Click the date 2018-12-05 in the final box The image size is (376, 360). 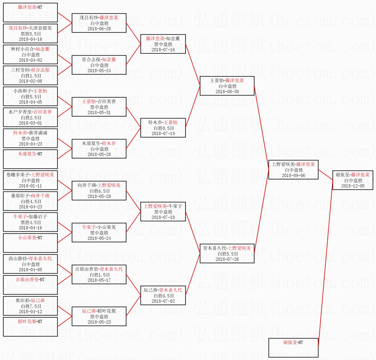pyautogui.click(x=353, y=186)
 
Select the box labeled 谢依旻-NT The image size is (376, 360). pyautogui.click(x=293, y=348)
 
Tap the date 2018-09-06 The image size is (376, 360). pyautogui.click(x=294, y=175)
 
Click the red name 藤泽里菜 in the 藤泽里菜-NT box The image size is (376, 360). pyautogui.click(x=27, y=7)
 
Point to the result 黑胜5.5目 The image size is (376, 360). pyautogui.click(x=31, y=34)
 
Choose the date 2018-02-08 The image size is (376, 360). pyautogui.click(x=31, y=81)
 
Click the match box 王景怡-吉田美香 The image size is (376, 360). pyautogui.click(x=99, y=107)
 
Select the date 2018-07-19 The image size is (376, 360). pyautogui.click(x=163, y=134)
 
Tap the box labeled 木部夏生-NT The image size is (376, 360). pyautogui.click(x=30, y=159)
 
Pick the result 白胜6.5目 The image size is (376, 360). pyautogui.click(x=100, y=191)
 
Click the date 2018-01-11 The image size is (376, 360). pyautogui.click(x=31, y=186)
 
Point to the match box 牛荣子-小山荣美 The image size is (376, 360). pyautogui.click(x=99, y=233)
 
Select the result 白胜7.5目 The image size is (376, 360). pyautogui.click(x=31, y=306)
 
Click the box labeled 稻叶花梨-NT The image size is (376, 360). pyautogui.click(x=30, y=327)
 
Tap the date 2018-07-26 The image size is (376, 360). pyautogui.click(x=227, y=259)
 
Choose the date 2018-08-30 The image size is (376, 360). pyautogui.click(x=227, y=92)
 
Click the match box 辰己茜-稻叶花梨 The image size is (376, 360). pyautogui.click(x=99, y=316)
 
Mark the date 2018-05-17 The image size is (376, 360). pyautogui.click(x=99, y=280)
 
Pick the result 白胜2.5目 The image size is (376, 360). pyautogui.click(x=31, y=118)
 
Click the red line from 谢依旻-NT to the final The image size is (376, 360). pyautogui.click(x=325, y=264)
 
